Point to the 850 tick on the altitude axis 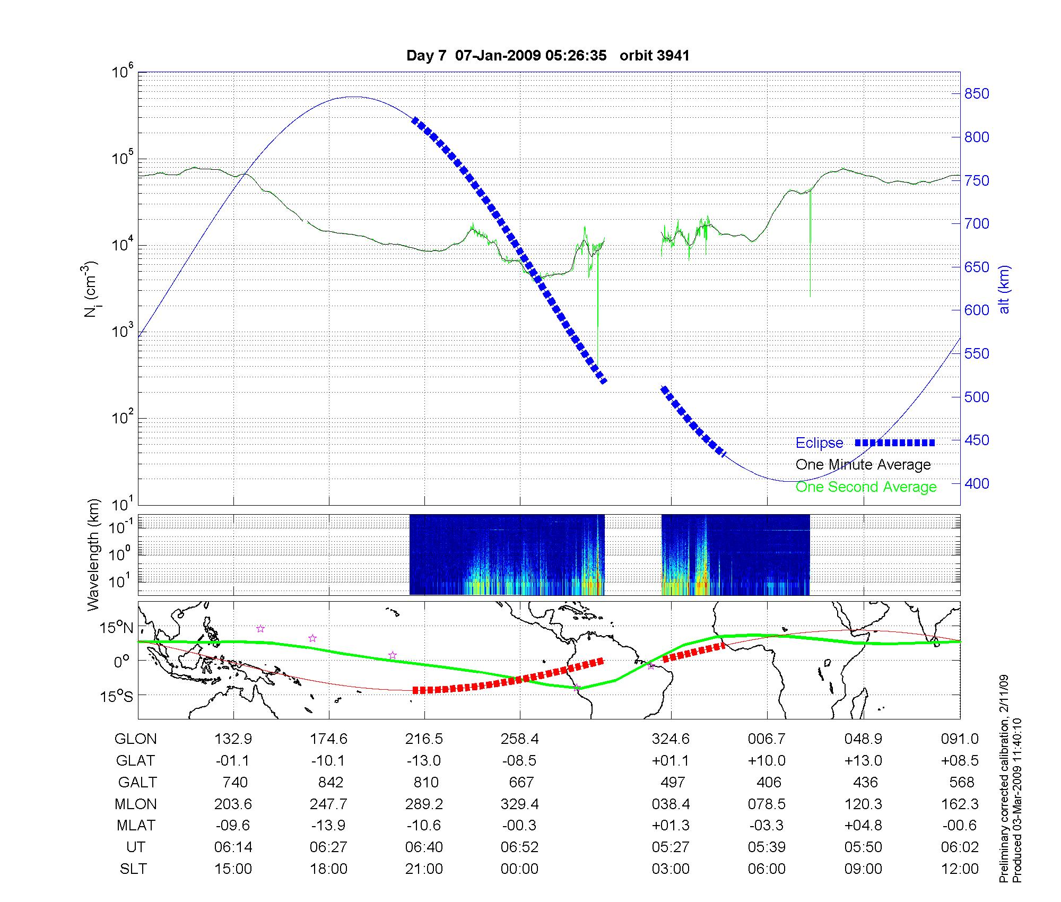click(x=977, y=94)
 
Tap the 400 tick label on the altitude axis click(x=977, y=484)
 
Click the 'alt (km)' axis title click(x=1004, y=289)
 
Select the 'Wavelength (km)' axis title click(x=94, y=554)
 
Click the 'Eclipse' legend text click(x=819, y=443)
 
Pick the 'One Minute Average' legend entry click(x=863, y=465)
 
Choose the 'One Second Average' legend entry click(x=866, y=487)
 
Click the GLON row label click(x=135, y=739)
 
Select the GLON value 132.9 click(x=233, y=739)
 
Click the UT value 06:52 click(x=519, y=847)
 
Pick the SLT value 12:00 click(x=960, y=869)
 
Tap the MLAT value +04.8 click(x=863, y=826)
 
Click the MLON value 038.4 click(x=671, y=804)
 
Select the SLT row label click(x=133, y=869)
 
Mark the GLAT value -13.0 click(x=424, y=761)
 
